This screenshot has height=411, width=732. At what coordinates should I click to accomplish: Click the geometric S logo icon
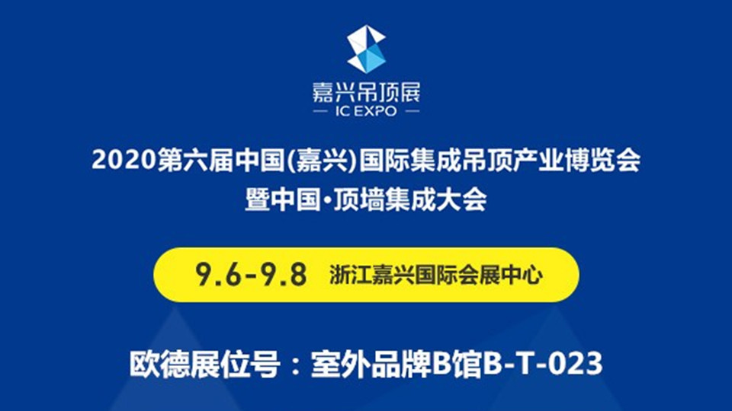(367, 49)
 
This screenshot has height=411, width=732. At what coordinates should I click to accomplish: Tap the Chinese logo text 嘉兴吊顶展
(367, 93)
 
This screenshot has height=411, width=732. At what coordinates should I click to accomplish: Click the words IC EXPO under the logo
(367, 111)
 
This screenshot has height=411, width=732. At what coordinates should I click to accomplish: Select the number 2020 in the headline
(124, 160)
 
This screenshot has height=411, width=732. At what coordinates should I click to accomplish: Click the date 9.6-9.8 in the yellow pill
(251, 275)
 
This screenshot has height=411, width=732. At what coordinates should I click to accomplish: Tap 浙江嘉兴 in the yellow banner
(372, 275)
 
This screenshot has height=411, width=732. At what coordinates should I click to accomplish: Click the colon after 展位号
(295, 365)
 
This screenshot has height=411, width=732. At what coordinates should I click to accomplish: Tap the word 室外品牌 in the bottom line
(371, 364)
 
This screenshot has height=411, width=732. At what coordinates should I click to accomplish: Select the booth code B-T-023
(542, 364)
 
